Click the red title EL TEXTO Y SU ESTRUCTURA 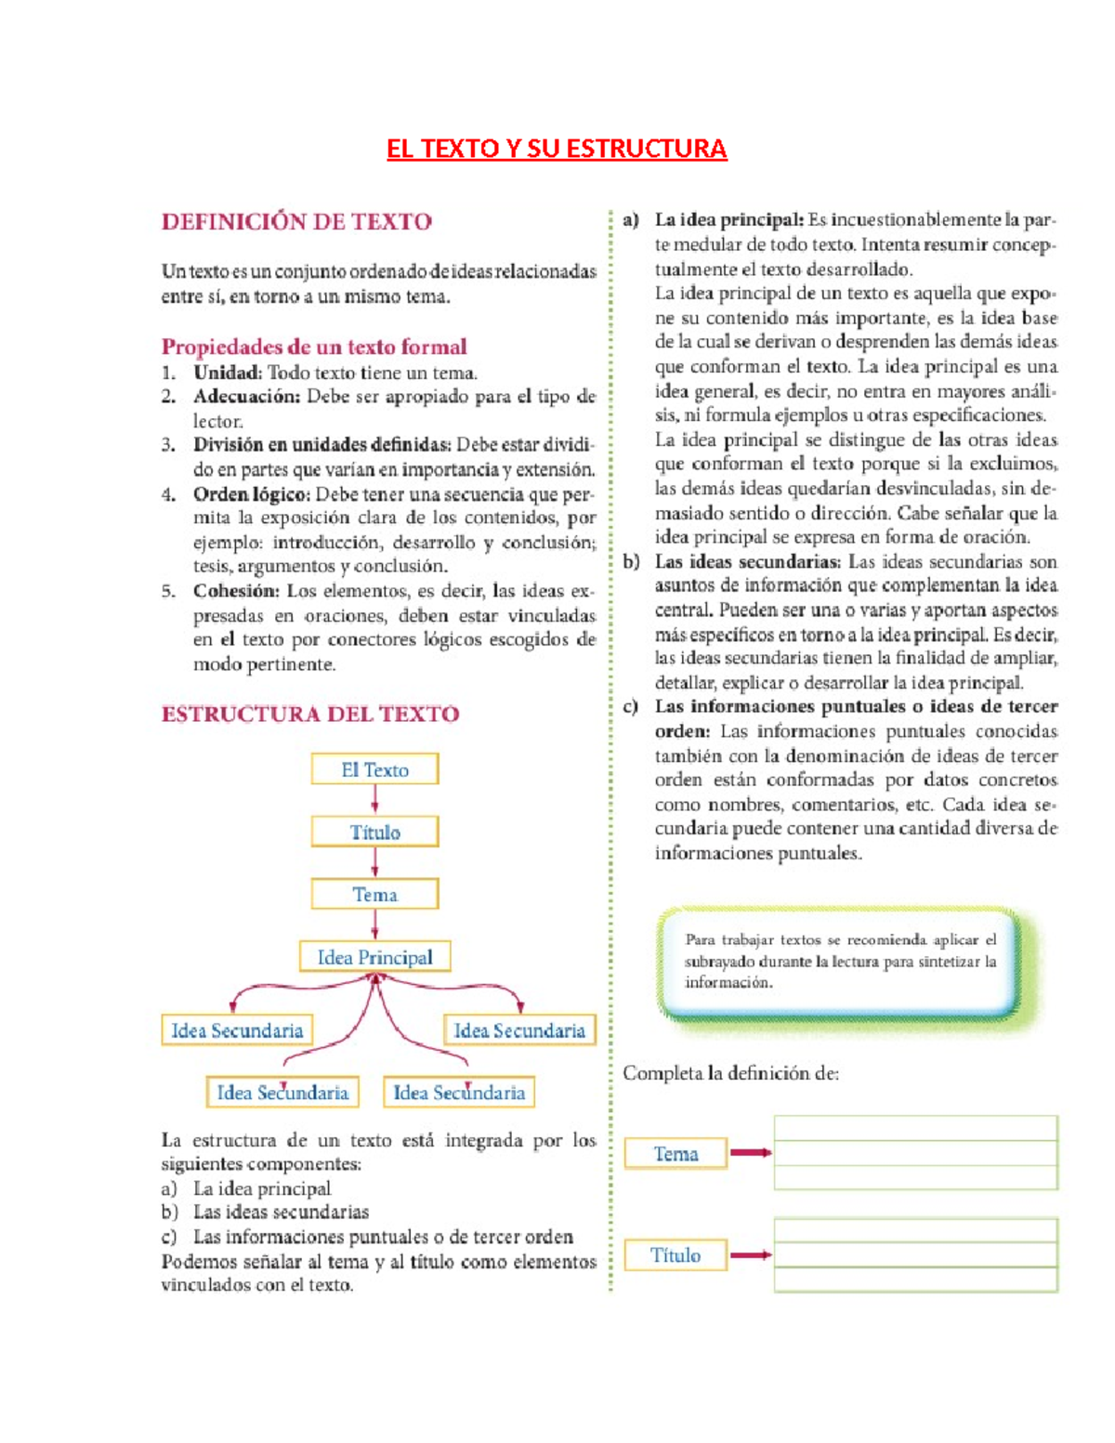click(557, 149)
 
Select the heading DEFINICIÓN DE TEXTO click(296, 222)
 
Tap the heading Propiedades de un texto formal click(314, 347)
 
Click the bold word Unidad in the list click(227, 373)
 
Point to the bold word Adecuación click(246, 397)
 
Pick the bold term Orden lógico click(252, 494)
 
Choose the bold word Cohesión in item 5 click(236, 591)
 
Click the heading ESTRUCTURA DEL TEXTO click(310, 714)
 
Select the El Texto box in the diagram click(374, 769)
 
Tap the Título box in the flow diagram click(374, 832)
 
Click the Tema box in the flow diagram click(374, 894)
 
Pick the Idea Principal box click(374, 957)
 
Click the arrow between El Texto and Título click(374, 800)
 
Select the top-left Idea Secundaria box click(237, 1030)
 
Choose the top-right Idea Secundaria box click(519, 1030)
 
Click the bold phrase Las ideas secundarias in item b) click(747, 561)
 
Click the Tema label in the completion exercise click(676, 1153)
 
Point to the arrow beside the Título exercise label click(751, 1255)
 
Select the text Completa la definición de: click(730, 1073)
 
